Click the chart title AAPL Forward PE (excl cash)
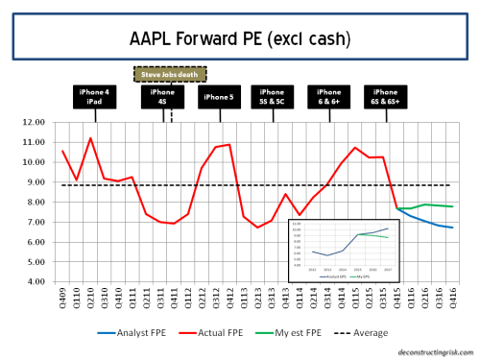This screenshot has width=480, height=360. pos(239,40)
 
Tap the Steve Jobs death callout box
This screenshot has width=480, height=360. pos(171,72)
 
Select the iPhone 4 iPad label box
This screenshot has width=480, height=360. pos(96,97)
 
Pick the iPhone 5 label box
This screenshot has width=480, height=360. pos(220,97)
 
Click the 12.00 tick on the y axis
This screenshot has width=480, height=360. pos(35,122)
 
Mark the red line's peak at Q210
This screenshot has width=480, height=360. pos(90,138)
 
